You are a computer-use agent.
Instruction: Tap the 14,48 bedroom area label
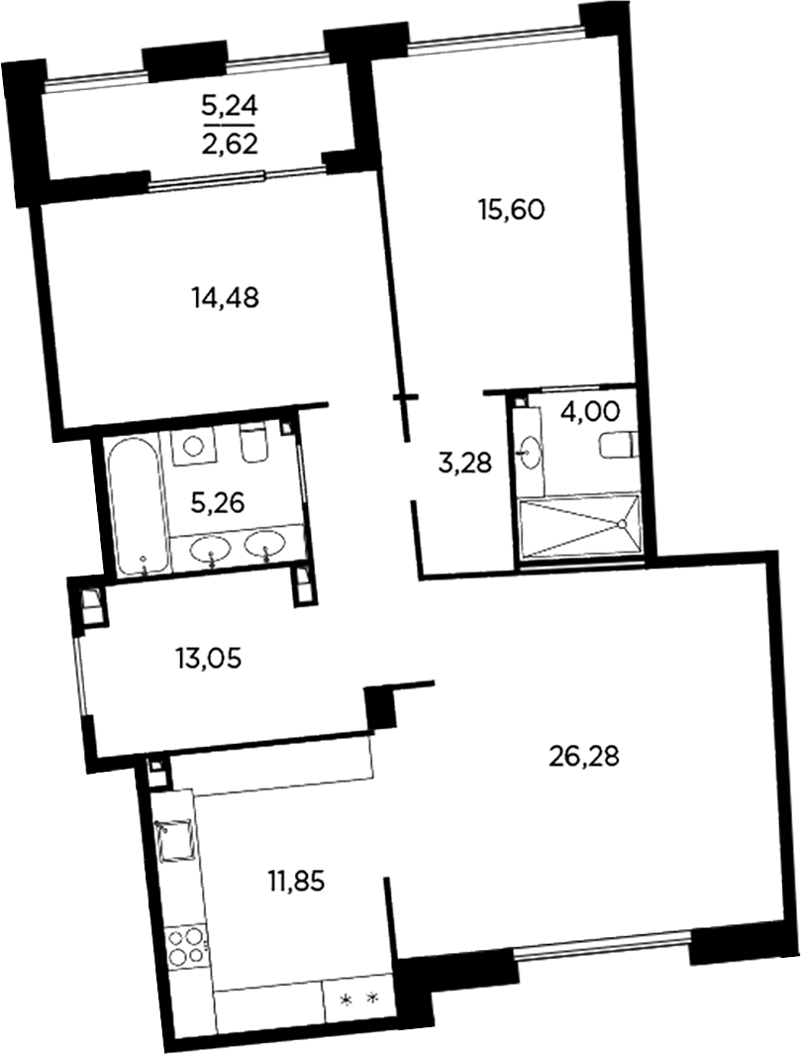[226, 297]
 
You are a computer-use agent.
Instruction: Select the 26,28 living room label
[584, 757]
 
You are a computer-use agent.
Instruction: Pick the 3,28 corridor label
[465, 463]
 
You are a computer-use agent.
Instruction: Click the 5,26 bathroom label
[217, 503]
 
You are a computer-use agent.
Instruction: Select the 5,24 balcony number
[230, 106]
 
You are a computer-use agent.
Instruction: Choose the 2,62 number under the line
[230, 144]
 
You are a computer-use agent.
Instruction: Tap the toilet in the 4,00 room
[618, 446]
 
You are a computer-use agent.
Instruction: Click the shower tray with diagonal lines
[579, 526]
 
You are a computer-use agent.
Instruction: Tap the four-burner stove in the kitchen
[184, 946]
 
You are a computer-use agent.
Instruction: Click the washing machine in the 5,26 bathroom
[194, 445]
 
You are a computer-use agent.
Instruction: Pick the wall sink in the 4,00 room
[530, 452]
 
